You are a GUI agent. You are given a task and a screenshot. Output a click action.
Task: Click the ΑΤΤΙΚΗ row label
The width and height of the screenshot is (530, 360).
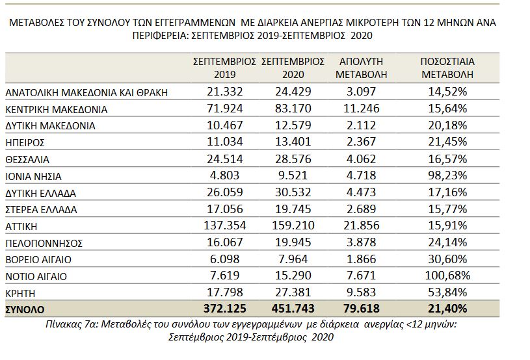click(x=21, y=226)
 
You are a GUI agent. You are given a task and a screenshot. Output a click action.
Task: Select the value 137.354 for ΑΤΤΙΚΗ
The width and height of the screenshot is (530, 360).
click(x=225, y=225)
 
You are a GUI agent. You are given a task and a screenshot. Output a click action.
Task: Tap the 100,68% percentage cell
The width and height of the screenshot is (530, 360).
click(x=447, y=276)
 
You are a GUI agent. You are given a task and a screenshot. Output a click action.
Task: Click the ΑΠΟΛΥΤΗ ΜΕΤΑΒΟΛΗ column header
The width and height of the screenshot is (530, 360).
click(x=361, y=68)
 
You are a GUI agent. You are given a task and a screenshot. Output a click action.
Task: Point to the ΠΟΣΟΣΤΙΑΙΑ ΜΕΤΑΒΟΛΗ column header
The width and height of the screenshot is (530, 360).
click(x=447, y=68)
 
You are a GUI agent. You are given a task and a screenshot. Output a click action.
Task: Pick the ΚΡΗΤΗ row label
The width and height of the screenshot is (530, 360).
click(x=20, y=293)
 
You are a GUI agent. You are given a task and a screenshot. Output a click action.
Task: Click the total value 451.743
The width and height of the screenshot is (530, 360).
click(x=293, y=308)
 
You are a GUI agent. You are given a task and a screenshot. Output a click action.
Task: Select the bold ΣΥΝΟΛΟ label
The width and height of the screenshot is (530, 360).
click(x=25, y=310)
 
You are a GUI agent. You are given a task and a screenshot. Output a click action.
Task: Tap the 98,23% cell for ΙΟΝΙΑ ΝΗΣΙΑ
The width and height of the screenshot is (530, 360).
click(x=447, y=175)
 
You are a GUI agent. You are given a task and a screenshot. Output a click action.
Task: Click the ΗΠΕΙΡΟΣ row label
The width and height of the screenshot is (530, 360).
click(x=25, y=142)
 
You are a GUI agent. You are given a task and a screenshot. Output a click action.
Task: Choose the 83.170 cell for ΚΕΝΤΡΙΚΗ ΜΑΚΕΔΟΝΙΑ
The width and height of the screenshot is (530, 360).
click(x=293, y=109)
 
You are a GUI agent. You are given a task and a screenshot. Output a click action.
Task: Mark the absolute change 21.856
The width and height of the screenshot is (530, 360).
click(x=362, y=225)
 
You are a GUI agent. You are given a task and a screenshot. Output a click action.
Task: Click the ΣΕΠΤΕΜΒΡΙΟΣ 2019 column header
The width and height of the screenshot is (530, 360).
click(x=225, y=68)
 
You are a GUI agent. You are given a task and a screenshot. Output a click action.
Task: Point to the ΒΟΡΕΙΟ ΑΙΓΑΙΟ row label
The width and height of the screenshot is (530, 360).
click(x=38, y=260)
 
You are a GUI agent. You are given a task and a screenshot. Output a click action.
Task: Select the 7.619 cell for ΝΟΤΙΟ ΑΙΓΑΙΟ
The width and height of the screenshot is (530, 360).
click(x=225, y=276)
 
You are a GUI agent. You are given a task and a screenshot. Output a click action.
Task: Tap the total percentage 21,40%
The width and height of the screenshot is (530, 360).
click(x=447, y=308)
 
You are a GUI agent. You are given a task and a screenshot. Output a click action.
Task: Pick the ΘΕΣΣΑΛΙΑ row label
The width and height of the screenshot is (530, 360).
click(x=27, y=159)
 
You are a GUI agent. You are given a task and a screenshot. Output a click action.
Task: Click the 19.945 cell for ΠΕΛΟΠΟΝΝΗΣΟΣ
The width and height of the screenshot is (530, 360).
click(x=293, y=242)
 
